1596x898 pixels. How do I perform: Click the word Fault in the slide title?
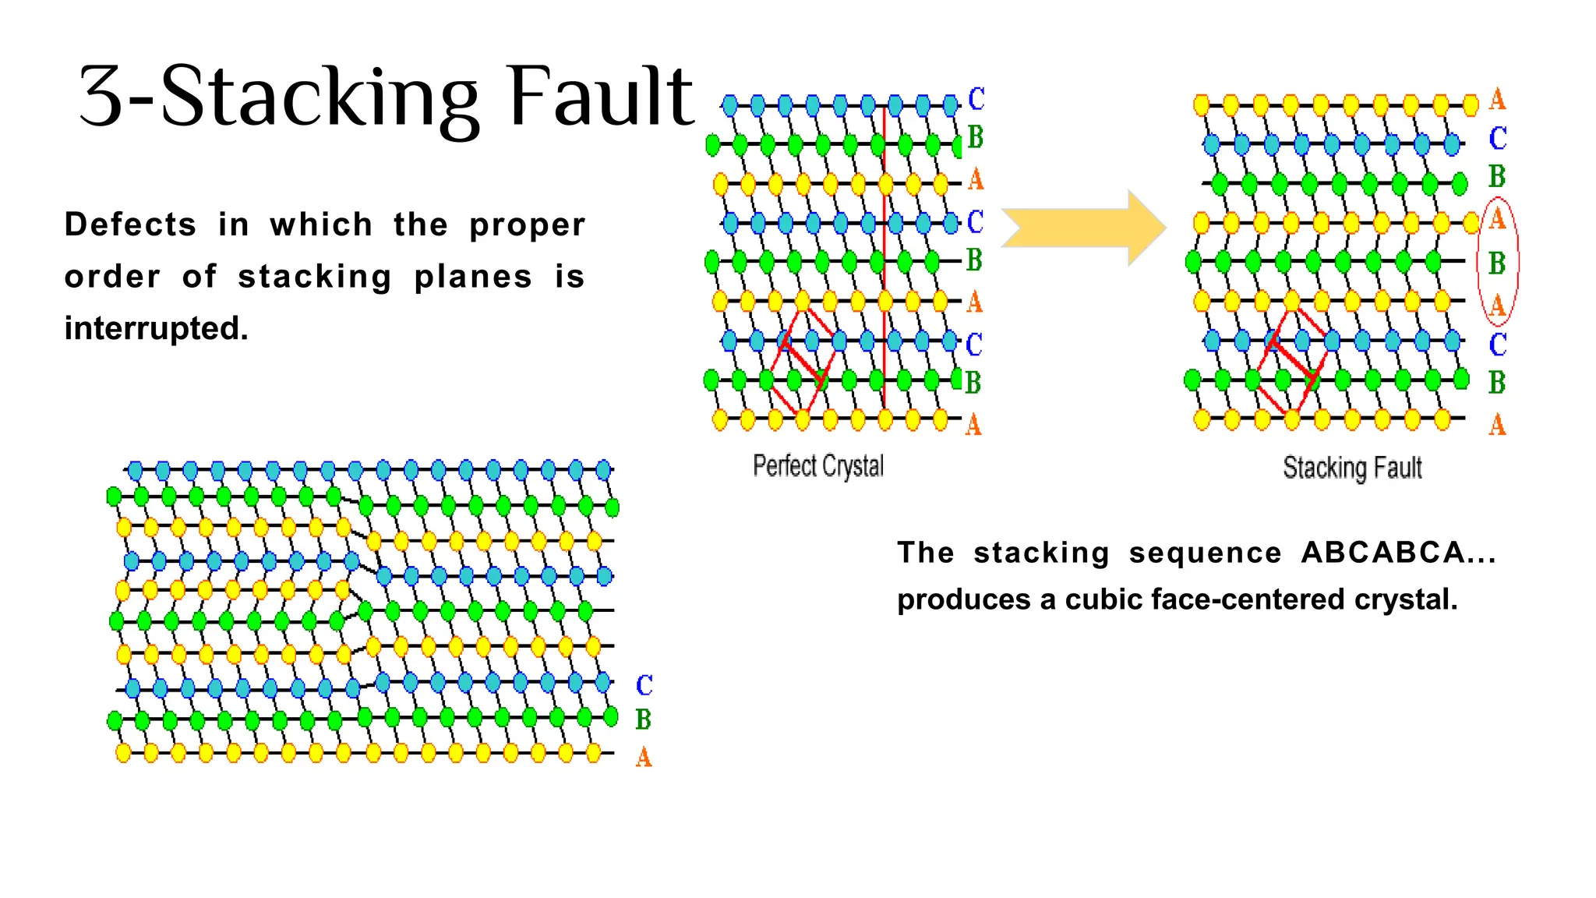tap(600, 97)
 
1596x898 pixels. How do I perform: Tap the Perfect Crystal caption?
tap(818, 466)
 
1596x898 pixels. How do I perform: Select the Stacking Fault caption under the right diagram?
tap(1352, 468)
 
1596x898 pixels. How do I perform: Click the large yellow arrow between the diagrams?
tap(1083, 228)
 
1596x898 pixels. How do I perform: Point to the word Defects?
tap(130, 224)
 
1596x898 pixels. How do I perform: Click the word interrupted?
tap(156, 328)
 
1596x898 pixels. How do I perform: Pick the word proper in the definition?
tap(527, 225)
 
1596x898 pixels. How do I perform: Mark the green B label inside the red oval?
tap(1497, 263)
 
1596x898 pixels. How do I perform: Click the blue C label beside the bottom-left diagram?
tap(644, 685)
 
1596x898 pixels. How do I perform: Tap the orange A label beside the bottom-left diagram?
tap(644, 756)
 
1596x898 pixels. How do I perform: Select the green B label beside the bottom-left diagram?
tap(643, 719)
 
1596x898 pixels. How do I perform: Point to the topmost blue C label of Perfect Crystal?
tap(976, 99)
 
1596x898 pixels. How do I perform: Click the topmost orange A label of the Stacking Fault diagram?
tap(1497, 100)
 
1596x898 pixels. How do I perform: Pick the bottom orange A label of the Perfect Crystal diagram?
tap(973, 425)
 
